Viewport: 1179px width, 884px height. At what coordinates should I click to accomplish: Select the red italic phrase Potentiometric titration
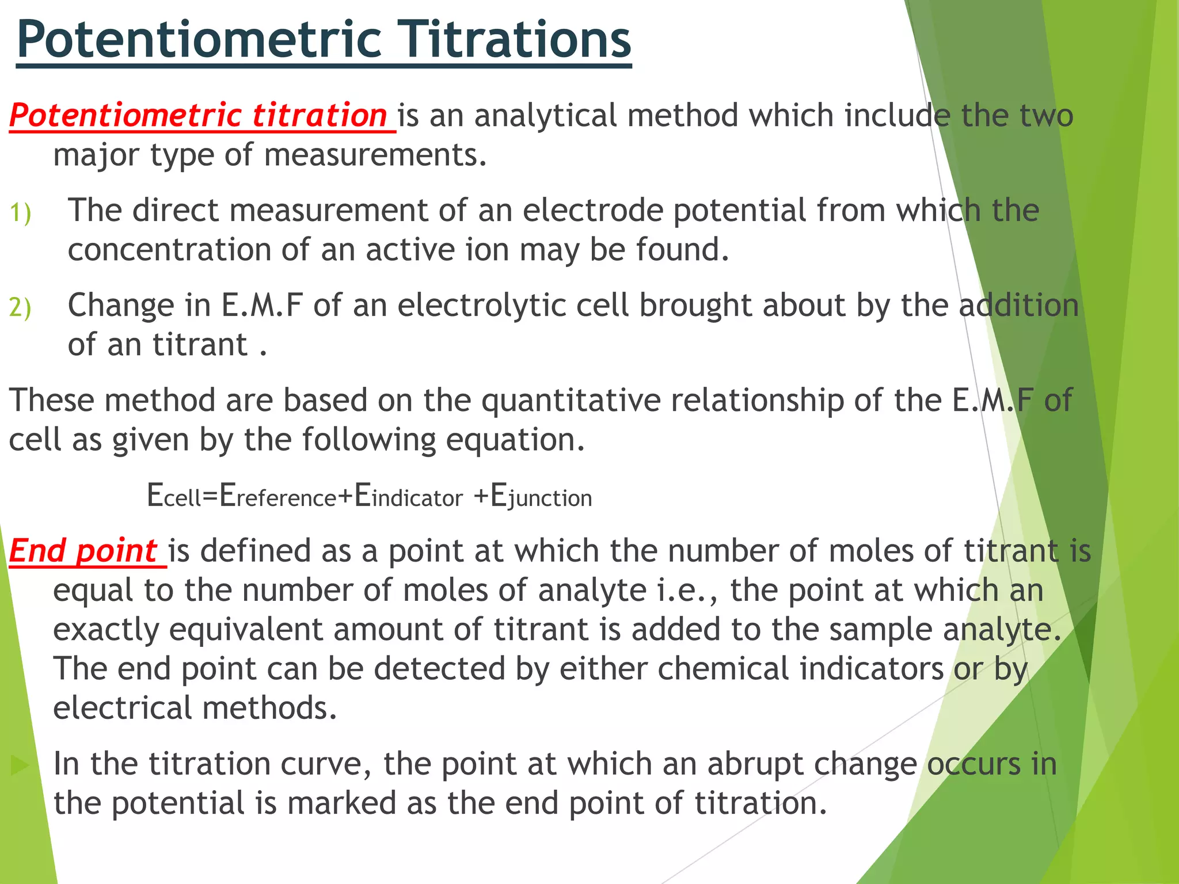tap(199, 115)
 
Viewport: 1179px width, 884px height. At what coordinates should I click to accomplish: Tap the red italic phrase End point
tap(84, 551)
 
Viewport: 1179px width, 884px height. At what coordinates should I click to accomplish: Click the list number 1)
tap(21, 213)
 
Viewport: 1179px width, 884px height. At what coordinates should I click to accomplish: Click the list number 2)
tap(21, 307)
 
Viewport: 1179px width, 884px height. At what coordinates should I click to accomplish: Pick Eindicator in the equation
tap(408, 496)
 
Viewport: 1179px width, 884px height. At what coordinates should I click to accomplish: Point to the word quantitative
tap(571, 400)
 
